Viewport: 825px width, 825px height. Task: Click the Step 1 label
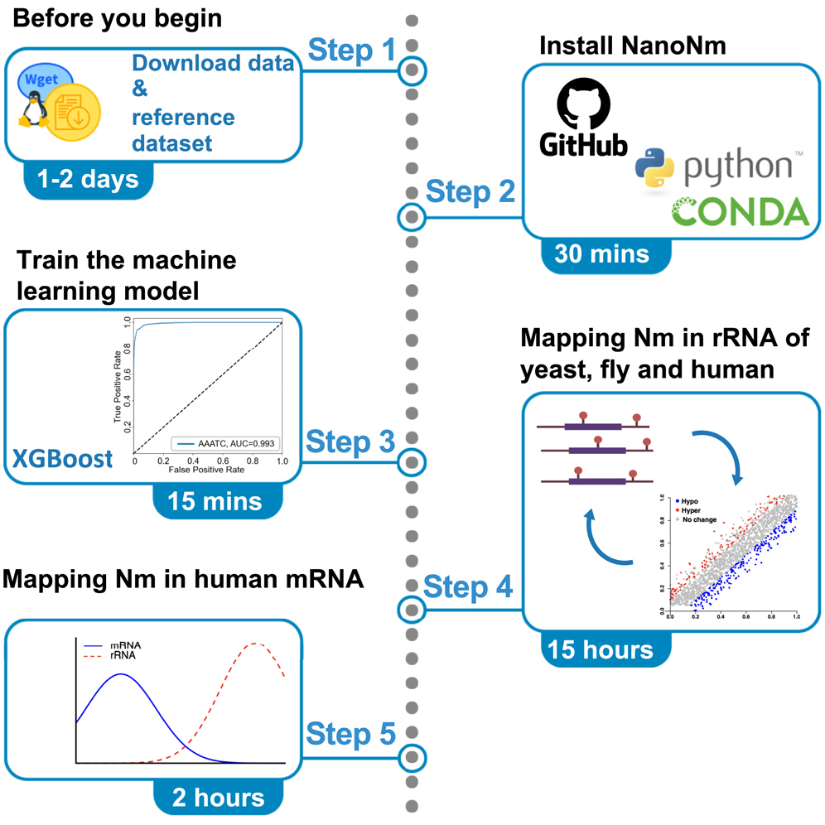(x=351, y=51)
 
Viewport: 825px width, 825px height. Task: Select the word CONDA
(x=740, y=211)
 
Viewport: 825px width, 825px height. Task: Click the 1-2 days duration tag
(x=89, y=180)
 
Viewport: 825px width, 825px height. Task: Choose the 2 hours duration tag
(x=218, y=797)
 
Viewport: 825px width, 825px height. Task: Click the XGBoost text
(x=63, y=457)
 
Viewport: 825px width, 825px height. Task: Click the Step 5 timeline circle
(x=412, y=757)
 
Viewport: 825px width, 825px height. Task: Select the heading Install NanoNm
(x=632, y=46)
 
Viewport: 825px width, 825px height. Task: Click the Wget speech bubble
(x=46, y=80)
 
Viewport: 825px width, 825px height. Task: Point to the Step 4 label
(x=468, y=587)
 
